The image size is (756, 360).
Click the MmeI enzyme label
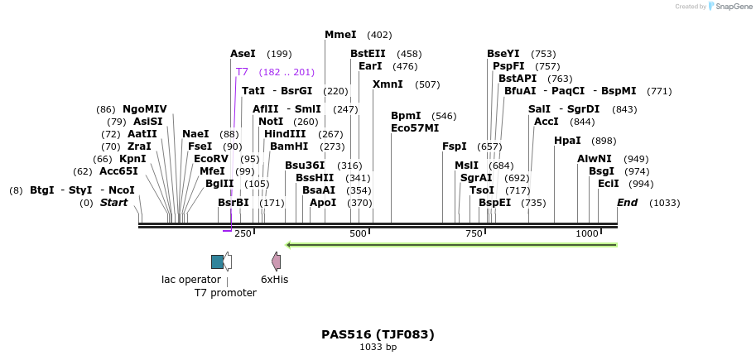[340, 35]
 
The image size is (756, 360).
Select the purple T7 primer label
[242, 72]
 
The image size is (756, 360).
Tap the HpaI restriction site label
[567, 141]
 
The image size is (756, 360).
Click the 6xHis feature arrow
[277, 262]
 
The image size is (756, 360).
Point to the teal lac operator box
[217, 262]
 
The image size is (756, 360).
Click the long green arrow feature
[451, 245]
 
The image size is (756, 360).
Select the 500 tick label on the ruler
[358, 234]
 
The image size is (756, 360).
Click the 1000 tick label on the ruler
[586, 234]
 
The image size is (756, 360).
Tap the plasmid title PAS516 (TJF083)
[378, 334]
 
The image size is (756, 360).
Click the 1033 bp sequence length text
[378, 348]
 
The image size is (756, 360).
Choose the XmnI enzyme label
[388, 84]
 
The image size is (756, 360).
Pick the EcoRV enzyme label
[210, 159]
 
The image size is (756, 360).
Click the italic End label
[628, 203]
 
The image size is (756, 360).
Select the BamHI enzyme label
[289, 146]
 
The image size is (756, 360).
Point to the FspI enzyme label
[455, 146]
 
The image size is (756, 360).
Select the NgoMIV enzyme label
[145, 109]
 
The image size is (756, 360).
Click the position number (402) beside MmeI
[379, 35]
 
